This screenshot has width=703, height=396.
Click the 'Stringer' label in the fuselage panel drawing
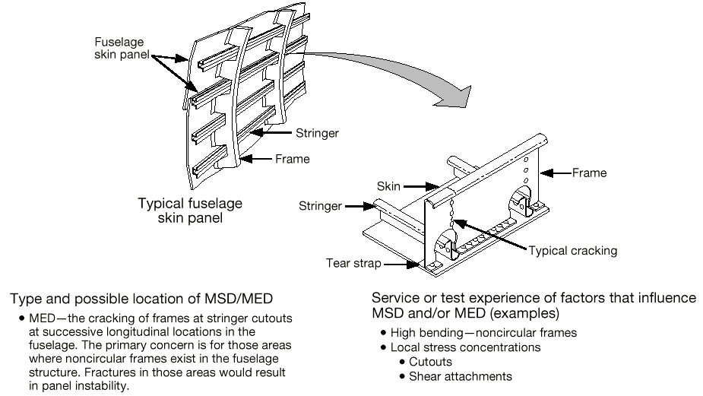point(316,133)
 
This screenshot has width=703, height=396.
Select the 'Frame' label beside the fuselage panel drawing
point(292,159)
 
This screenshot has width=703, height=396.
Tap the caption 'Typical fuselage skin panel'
point(190,211)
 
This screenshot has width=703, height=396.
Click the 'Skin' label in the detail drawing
point(389,185)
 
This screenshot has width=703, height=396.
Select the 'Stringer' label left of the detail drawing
point(321,205)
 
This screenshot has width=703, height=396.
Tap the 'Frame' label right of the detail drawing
point(589,173)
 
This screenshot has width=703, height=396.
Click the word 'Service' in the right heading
point(395,297)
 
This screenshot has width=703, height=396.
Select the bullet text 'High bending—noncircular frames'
point(483,333)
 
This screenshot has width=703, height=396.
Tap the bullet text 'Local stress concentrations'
point(465,347)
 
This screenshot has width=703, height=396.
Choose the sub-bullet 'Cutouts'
point(430,362)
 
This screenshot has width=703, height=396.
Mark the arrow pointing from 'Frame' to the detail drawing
point(559,173)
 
